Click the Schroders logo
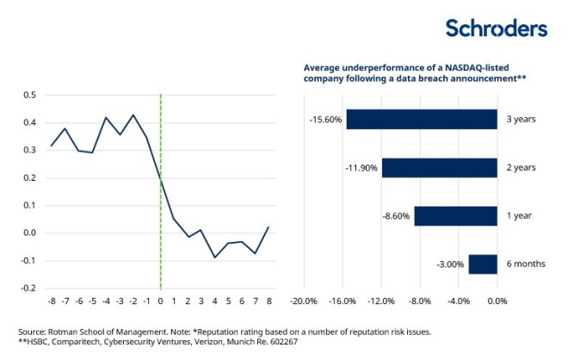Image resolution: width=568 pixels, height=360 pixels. point(496,28)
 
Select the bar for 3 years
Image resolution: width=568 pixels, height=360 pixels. point(422,119)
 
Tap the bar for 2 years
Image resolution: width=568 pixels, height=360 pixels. point(440,167)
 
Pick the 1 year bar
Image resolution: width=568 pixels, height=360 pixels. point(455,215)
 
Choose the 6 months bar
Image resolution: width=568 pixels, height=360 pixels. point(483,264)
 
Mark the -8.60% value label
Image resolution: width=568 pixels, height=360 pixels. point(396,215)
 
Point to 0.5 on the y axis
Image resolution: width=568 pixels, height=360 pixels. point(30,95)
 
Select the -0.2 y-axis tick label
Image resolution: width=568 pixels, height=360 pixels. point(28,288)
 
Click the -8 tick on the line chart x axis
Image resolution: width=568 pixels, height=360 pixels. point(52,301)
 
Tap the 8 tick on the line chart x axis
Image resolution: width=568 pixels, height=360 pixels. point(269,301)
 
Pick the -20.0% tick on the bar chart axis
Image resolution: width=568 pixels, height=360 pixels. point(305,301)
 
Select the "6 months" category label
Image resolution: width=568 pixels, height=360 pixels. point(525,264)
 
